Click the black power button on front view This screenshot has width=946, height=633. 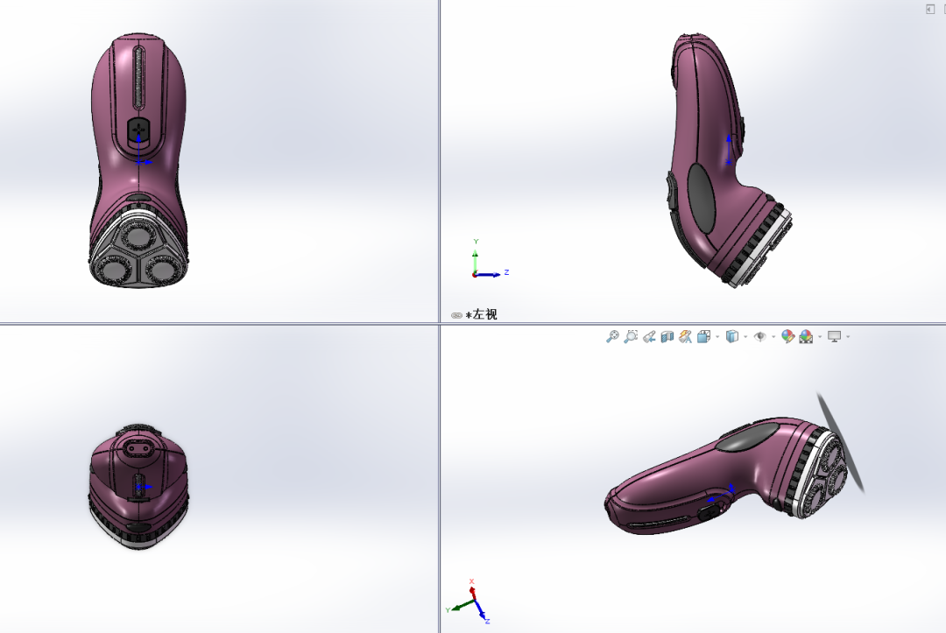point(138,130)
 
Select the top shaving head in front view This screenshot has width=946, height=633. point(138,236)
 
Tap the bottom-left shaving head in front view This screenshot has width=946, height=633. point(112,269)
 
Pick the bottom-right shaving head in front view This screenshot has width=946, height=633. point(162,269)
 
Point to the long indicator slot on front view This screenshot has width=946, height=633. point(138,78)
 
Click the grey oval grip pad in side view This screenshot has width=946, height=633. point(701,198)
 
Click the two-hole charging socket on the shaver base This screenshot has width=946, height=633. point(138,448)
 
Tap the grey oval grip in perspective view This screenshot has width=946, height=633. point(747,437)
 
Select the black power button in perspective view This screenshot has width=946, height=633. point(709,512)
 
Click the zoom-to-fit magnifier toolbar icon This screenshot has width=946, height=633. point(612,336)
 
